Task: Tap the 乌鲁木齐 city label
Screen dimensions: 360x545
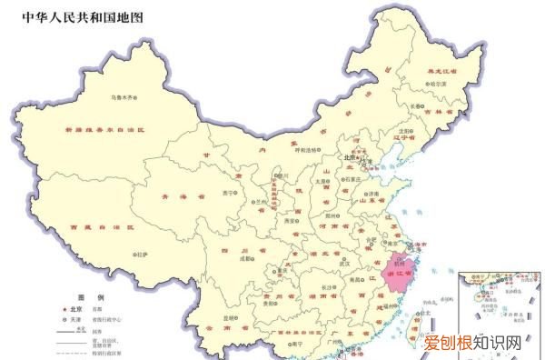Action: [124, 97]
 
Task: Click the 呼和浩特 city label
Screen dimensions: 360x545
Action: [315, 150]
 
